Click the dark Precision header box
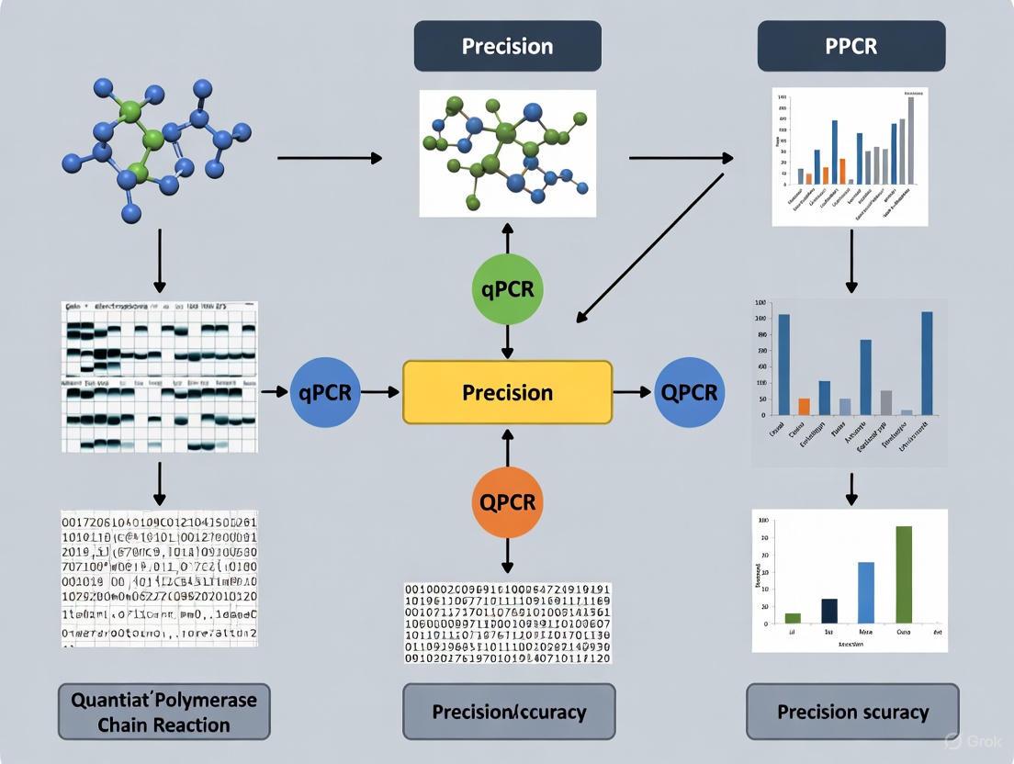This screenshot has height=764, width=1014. [x=507, y=46]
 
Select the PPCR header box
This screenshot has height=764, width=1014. [x=851, y=46]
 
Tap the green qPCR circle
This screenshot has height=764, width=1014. [x=507, y=289]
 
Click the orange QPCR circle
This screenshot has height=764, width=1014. [x=507, y=501]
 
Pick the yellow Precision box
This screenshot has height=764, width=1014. [x=507, y=392]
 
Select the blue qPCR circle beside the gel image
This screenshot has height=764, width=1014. [x=325, y=392]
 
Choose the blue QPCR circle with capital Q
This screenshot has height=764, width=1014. [x=690, y=392]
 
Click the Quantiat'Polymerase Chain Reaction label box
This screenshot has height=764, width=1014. [x=163, y=712]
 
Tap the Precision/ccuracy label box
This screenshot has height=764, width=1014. [x=508, y=712]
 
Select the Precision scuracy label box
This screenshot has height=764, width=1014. [x=852, y=712]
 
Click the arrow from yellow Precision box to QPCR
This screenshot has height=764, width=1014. [x=632, y=392]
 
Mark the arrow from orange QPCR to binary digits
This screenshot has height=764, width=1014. [x=507, y=556]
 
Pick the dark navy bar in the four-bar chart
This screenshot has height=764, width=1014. [x=829, y=611]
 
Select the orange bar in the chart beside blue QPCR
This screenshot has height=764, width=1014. [x=805, y=406]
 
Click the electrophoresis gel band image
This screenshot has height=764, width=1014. [x=160, y=376]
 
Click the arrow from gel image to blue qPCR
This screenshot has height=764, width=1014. [x=274, y=392]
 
